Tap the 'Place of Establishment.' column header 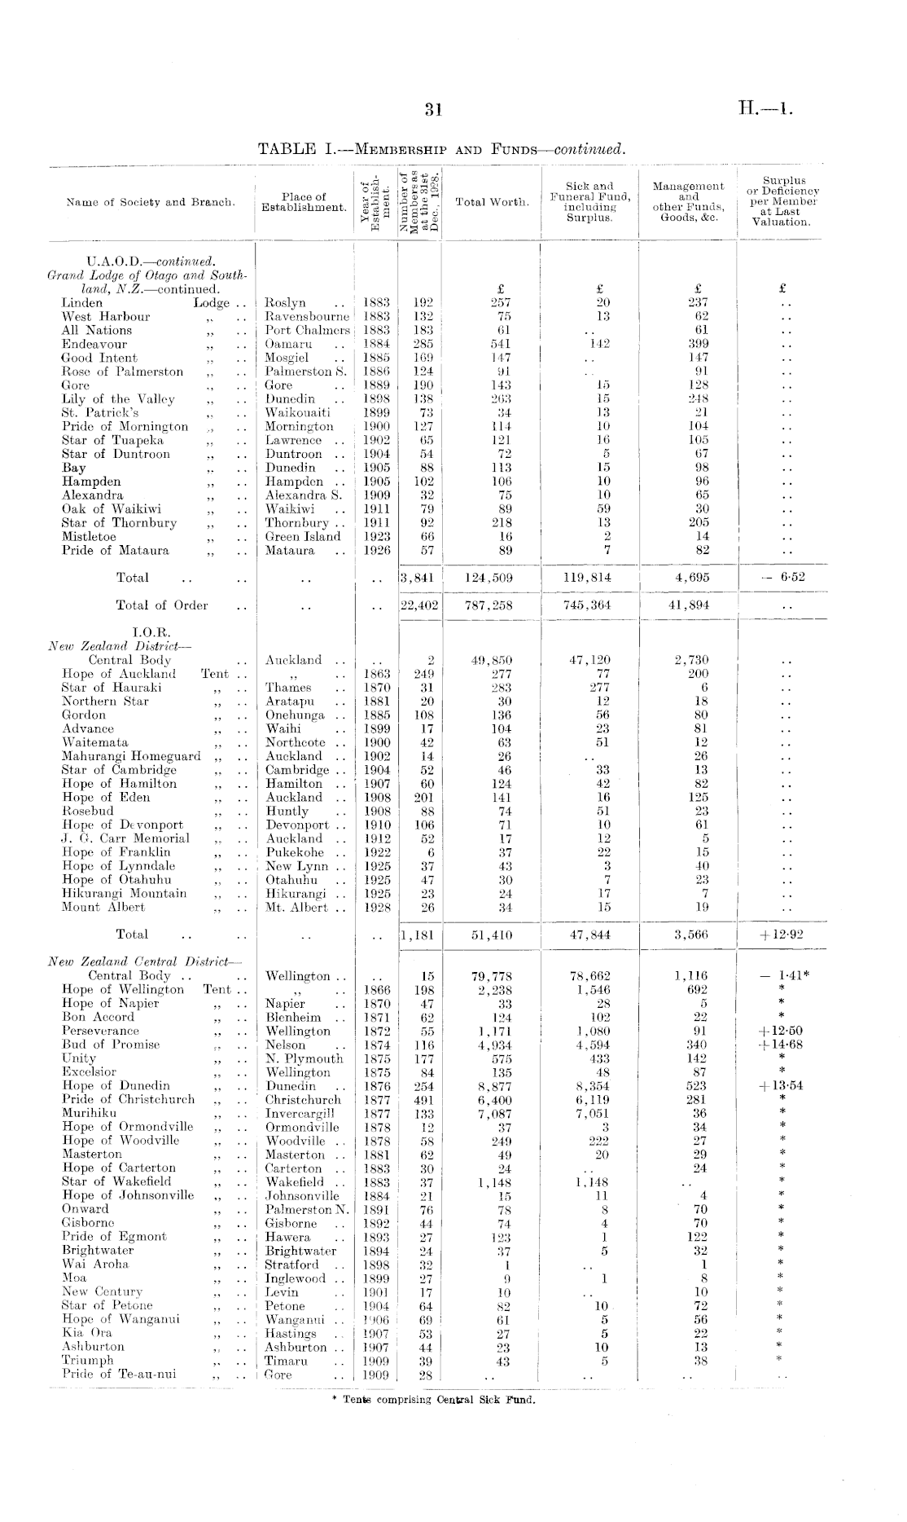[x=304, y=202]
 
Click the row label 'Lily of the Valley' [x=118, y=399]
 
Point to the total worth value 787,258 [x=492, y=605]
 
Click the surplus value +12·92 [x=781, y=935]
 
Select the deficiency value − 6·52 [x=780, y=578]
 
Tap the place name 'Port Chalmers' [x=305, y=330]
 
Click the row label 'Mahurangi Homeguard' [x=131, y=756]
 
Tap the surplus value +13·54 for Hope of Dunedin [x=781, y=1086]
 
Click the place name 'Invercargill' [x=300, y=1113]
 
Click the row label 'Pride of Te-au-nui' [x=119, y=1374]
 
